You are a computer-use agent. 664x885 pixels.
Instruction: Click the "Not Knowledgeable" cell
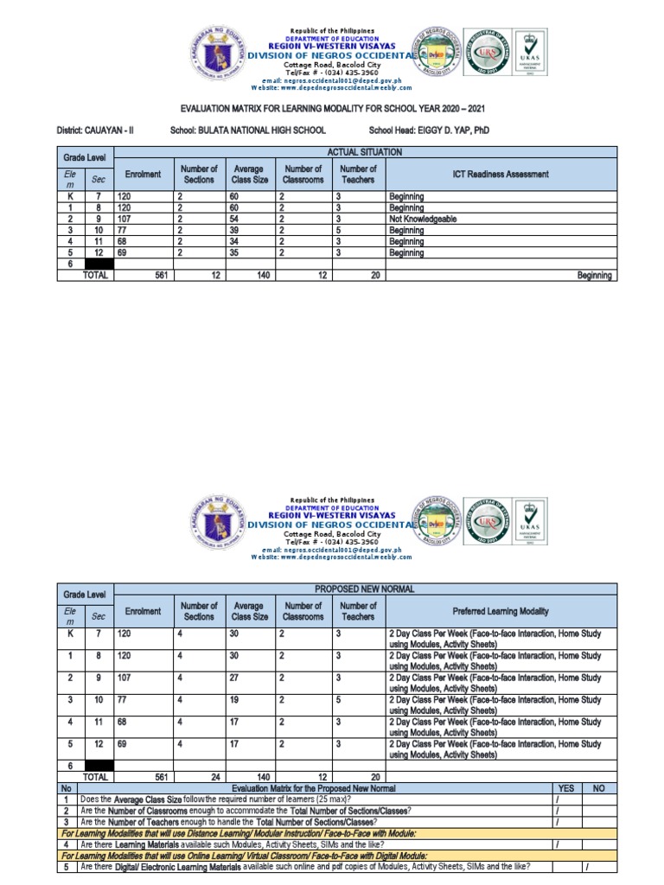422,220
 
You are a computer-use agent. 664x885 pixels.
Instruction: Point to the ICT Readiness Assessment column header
501,175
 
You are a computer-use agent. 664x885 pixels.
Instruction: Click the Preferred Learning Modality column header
501,611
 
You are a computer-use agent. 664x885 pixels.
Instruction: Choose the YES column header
566,788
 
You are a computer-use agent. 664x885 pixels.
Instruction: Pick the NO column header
598,788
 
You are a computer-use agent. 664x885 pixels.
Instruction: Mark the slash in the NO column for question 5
586,867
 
